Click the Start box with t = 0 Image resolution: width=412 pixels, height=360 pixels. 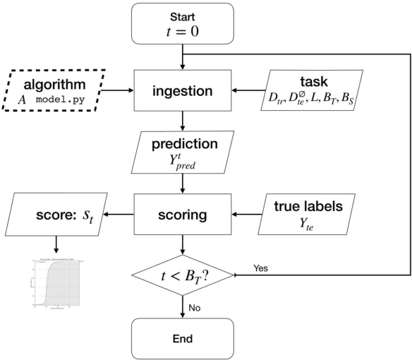(x=183, y=23)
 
